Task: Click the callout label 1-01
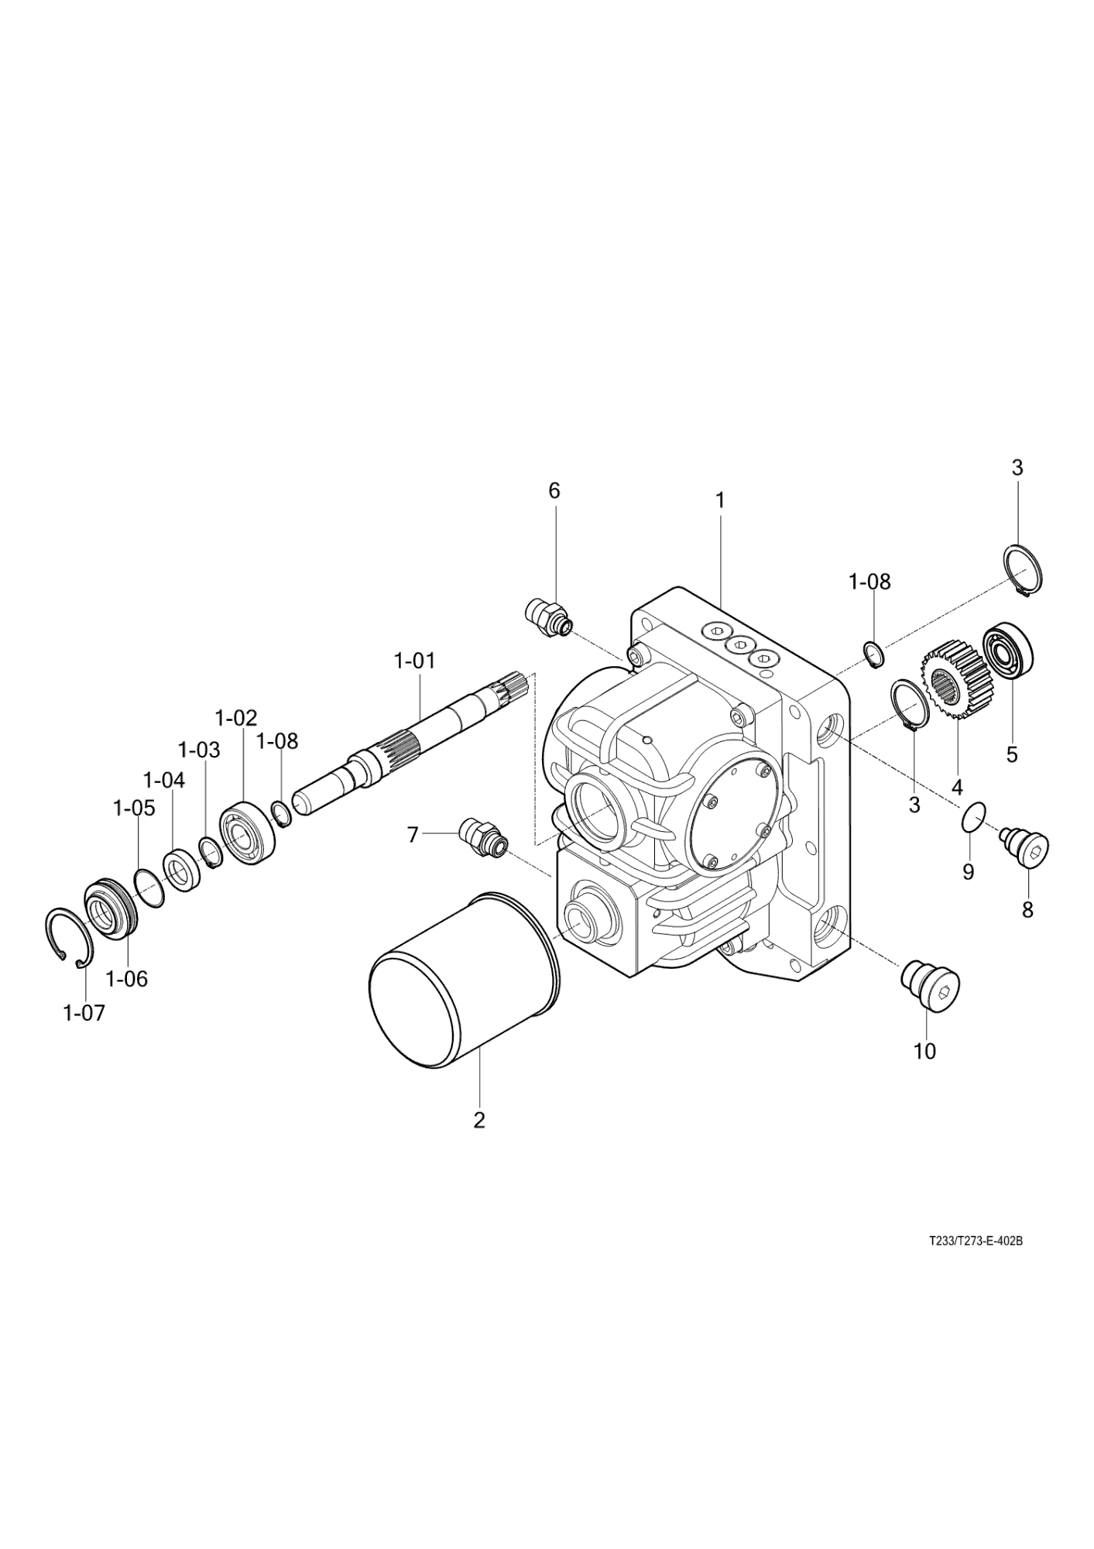coord(414,661)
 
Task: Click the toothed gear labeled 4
coord(952,680)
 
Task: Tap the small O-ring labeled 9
coord(973,818)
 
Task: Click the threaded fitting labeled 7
coord(482,839)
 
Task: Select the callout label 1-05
coord(134,808)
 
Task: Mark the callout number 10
coord(924,1051)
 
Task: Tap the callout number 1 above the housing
coord(720,500)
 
